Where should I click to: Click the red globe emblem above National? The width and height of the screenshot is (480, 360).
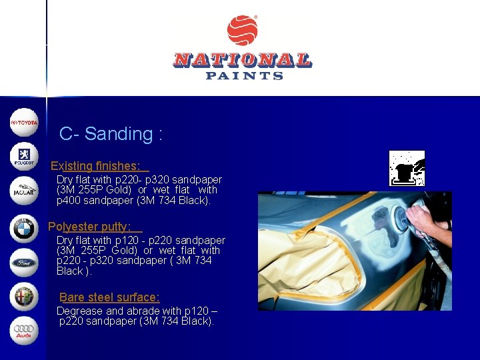pos(242,31)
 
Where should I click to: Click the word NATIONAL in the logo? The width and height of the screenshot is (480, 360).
pos(242,60)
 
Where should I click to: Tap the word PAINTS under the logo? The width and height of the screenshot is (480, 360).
pos(245,76)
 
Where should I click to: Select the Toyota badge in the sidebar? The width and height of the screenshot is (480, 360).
pos(24,123)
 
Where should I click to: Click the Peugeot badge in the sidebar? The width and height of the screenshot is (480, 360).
pos(24,157)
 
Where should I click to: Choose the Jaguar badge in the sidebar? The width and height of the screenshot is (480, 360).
pos(24,191)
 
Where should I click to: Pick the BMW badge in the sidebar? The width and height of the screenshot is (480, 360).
pos(24,227)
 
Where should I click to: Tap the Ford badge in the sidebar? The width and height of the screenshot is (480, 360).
pos(24,262)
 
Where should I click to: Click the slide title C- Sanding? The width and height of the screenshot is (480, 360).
pos(111,134)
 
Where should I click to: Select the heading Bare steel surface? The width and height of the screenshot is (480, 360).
pos(109,297)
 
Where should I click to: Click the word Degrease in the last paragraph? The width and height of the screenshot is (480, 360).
pos(79,311)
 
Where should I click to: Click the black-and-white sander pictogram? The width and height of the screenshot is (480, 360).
pos(407,168)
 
